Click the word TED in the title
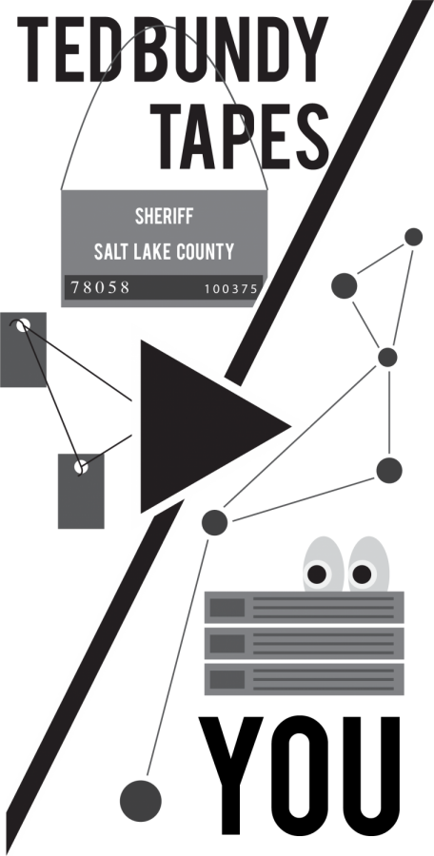(x=69, y=49)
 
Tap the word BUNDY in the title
(x=226, y=49)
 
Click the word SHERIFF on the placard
(x=164, y=217)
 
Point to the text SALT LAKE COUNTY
(x=164, y=252)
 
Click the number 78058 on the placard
(x=100, y=287)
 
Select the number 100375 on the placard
(x=230, y=289)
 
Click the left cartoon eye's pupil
(x=317, y=574)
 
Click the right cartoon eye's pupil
(x=362, y=574)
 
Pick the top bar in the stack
(x=304, y=608)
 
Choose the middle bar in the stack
(x=304, y=644)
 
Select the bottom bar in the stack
(x=304, y=679)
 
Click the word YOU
(x=300, y=776)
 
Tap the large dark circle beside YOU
(x=141, y=801)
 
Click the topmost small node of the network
(x=413, y=237)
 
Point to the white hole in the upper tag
(x=23, y=325)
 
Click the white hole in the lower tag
(x=80, y=467)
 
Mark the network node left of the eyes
(x=214, y=522)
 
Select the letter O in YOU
(x=300, y=776)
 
